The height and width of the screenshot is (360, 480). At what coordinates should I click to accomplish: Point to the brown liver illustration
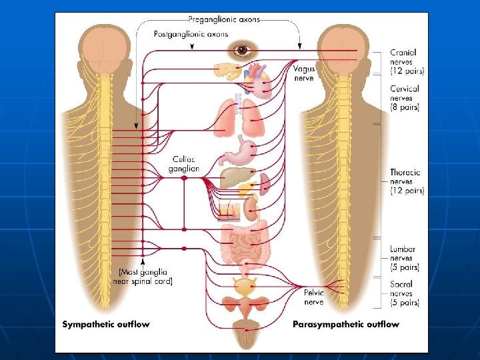(x=235, y=178)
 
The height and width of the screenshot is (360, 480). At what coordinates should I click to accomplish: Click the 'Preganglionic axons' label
(x=223, y=19)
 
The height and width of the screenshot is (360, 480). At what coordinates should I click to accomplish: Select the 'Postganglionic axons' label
(x=191, y=33)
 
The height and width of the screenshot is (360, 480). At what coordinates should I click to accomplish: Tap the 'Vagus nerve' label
(x=304, y=73)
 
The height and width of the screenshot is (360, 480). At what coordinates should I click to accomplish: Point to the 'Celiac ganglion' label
(x=184, y=164)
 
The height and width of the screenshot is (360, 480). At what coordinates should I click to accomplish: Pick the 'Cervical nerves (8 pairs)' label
(x=405, y=98)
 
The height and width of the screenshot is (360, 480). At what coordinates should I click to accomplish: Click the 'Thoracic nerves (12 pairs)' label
(x=407, y=181)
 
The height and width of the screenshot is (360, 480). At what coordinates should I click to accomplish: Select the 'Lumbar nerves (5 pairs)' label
(x=405, y=258)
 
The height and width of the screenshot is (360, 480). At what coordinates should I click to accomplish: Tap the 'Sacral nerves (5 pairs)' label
(x=405, y=293)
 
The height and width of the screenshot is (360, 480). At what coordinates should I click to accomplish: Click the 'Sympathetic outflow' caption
(x=106, y=325)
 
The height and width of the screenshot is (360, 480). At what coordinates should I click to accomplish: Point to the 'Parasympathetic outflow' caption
(x=346, y=325)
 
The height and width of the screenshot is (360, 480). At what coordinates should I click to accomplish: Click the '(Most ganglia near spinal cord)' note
(x=145, y=276)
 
